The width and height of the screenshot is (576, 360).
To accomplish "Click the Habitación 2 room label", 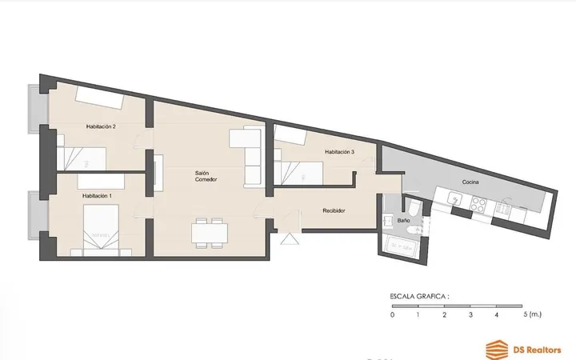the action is tap(101, 126).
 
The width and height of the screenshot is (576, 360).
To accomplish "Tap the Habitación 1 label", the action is tap(97, 196).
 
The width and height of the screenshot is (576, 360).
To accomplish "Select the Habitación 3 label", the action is tap(339, 152).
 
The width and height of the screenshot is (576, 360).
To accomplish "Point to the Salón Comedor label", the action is tap(206, 176).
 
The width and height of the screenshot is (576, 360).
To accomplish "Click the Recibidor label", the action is tap(334, 211).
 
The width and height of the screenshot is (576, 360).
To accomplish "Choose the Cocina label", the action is tap(470, 182).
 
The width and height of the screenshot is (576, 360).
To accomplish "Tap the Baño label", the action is tap(403, 221).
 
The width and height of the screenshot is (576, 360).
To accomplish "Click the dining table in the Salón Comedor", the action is tap(210, 233).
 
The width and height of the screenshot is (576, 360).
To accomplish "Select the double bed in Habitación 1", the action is tap(101, 230).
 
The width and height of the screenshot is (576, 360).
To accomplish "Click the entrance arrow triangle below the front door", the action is tap(290, 238).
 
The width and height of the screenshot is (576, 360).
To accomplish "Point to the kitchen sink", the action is tap(454, 199).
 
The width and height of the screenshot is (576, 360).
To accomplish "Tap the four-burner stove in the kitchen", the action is tap(478, 204).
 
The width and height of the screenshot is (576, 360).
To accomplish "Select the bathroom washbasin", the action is tap(387, 222).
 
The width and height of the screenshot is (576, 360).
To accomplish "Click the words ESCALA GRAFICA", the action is tap(419, 297).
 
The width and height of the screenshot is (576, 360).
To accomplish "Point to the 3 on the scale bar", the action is tap(470, 315).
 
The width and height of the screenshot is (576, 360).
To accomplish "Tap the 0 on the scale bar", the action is tap(392, 315).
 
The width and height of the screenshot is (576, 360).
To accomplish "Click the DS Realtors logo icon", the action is tap(497, 350).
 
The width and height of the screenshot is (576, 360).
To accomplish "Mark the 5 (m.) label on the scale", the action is tap(532, 314).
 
